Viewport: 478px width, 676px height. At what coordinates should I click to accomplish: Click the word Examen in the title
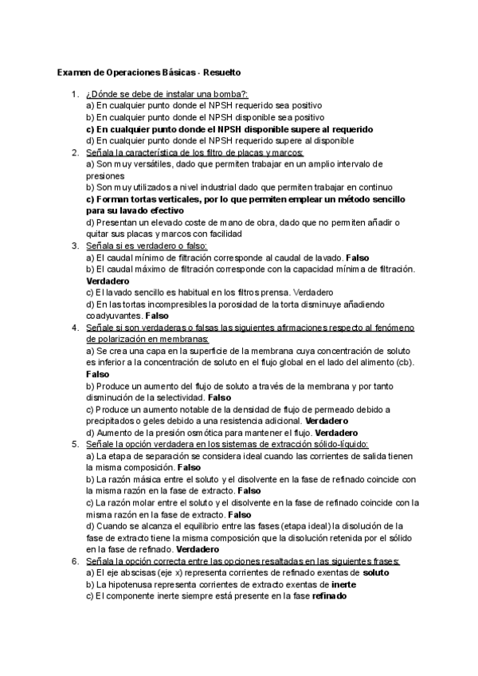(x=74, y=73)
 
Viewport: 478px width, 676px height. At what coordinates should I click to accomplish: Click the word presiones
(x=105, y=175)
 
